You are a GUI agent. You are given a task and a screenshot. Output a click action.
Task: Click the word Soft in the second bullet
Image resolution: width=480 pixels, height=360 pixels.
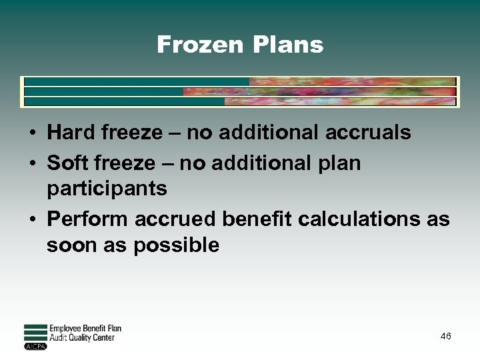pyautogui.click(x=69, y=163)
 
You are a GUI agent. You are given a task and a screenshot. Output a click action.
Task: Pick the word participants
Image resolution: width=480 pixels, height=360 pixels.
pyautogui.click(x=107, y=189)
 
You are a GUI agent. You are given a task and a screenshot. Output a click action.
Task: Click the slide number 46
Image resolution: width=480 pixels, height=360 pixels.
pyautogui.click(x=445, y=337)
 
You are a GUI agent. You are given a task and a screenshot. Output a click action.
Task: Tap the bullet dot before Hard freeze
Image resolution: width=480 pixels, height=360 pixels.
pyautogui.click(x=32, y=133)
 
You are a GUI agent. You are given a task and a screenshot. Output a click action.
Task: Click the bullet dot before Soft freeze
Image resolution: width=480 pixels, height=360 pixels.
pyautogui.click(x=32, y=163)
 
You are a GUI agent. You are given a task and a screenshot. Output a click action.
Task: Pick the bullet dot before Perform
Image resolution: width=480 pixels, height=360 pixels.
pyautogui.click(x=32, y=219)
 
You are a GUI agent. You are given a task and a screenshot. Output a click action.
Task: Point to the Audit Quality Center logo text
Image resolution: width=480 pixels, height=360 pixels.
pyautogui.click(x=82, y=337)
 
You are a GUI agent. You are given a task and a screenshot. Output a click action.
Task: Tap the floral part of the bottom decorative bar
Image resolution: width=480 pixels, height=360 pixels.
pyautogui.click(x=340, y=102)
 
